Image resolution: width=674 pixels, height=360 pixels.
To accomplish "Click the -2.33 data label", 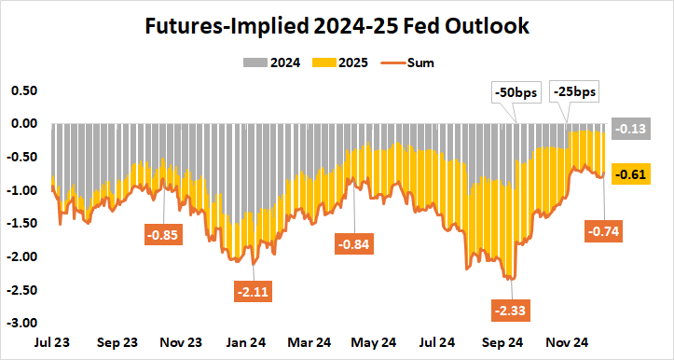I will pyautogui.click(x=511, y=309).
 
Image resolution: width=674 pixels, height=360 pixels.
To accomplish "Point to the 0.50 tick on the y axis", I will pyautogui.click(x=23, y=90).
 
